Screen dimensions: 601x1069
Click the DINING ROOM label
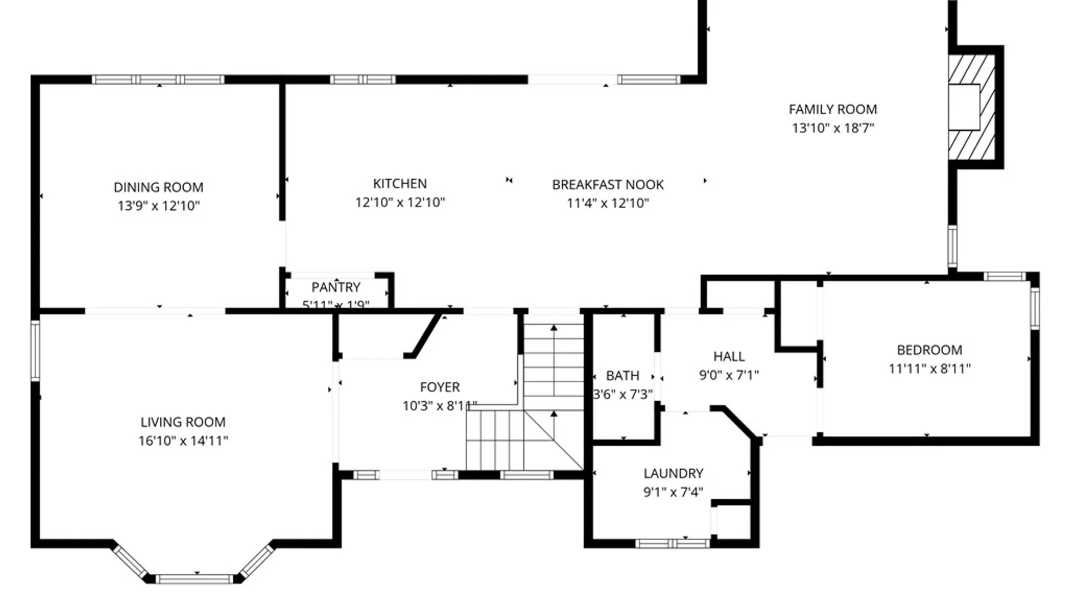point(158,188)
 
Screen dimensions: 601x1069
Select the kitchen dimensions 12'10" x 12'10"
point(400,203)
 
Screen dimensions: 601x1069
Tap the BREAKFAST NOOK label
point(607,185)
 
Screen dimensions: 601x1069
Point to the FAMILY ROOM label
point(832,110)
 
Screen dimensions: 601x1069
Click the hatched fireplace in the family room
point(972,107)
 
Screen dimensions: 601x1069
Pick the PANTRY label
point(336,288)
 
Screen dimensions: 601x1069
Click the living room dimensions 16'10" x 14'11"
point(183,441)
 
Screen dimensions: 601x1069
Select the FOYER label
point(439,387)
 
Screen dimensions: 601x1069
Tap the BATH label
point(622,376)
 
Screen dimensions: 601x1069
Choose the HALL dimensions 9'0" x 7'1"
point(729,375)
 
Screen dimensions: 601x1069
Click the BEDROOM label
point(929,350)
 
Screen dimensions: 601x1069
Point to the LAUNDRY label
point(673,474)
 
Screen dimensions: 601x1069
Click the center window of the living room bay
point(194,579)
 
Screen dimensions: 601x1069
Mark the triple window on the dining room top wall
point(158,80)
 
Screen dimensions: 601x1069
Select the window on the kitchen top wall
point(362,80)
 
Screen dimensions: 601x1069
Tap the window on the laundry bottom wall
point(672,543)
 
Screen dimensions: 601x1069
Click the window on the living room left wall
point(35,351)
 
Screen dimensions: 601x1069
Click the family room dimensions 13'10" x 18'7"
point(832,128)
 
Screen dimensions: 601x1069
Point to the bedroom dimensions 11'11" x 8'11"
point(929,368)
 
